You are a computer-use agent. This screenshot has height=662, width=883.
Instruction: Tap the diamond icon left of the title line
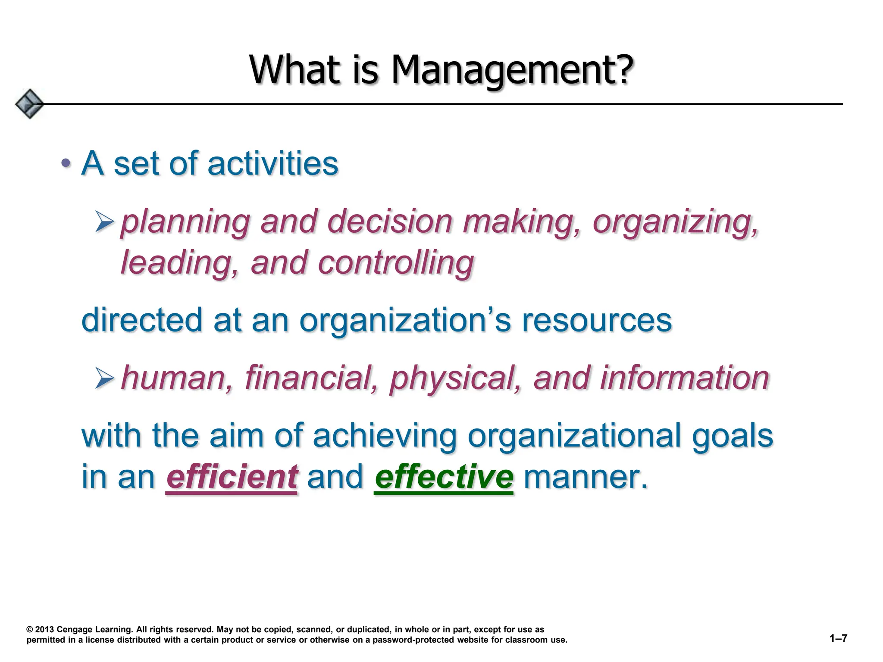pyautogui.click(x=29, y=104)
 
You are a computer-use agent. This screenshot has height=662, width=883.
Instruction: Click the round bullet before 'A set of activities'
pyautogui.click(x=66, y=163)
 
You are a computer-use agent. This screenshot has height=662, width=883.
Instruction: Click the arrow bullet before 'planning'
pyautogui.click(x=104, y=222)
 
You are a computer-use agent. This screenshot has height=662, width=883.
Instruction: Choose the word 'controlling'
pyautogui.click(x=396, y=263)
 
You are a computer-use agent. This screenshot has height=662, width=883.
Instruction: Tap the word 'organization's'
pyautogui.click(x=405, y=321)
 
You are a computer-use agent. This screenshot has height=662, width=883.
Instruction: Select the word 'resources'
pyautogui.click(x=597, y=321)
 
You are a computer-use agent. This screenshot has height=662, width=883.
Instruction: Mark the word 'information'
pyautogui.click(x=684, y=378)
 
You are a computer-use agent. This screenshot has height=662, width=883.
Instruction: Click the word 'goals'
pyautogui.click(x=732, y=436)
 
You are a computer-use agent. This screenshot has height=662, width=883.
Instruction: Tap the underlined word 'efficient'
pyautogui.click(x=232, y=477)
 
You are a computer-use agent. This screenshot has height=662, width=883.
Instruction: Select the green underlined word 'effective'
pyautogui.click(x=444, y=477)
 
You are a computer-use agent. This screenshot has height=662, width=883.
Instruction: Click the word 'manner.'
pyautogui.click(x=586, y=477)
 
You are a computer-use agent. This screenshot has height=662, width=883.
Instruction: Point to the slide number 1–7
pyautogui.click(x=838, y=638)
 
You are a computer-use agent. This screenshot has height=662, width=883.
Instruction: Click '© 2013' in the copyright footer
pyautogui.click(x=40, y=630)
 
